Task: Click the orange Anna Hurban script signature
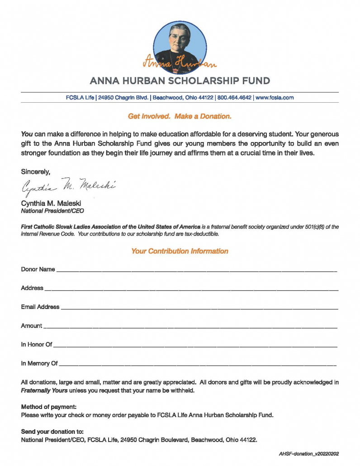[180, 63]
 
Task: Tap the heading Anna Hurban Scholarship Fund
[180, 81]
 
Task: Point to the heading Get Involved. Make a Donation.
[180, 116]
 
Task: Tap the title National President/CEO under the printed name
[52, 211]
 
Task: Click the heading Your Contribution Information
[180, 251]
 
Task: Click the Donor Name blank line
[197, 271]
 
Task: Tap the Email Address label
[40, 307]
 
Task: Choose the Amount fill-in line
[190, 327]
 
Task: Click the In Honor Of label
[37, 345]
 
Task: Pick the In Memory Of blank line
[198, 365]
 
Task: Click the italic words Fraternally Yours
[44, 390]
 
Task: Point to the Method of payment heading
[49, 407]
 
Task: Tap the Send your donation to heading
[52, 431]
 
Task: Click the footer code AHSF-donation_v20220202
[308, 453]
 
